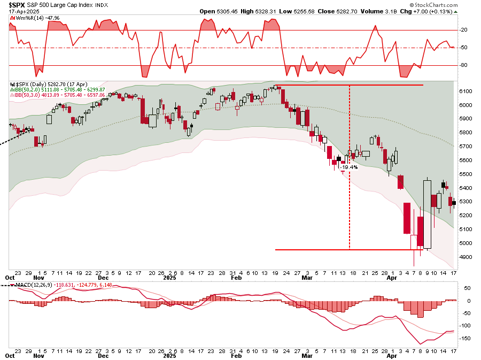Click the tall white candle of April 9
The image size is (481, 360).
pos(427,214)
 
